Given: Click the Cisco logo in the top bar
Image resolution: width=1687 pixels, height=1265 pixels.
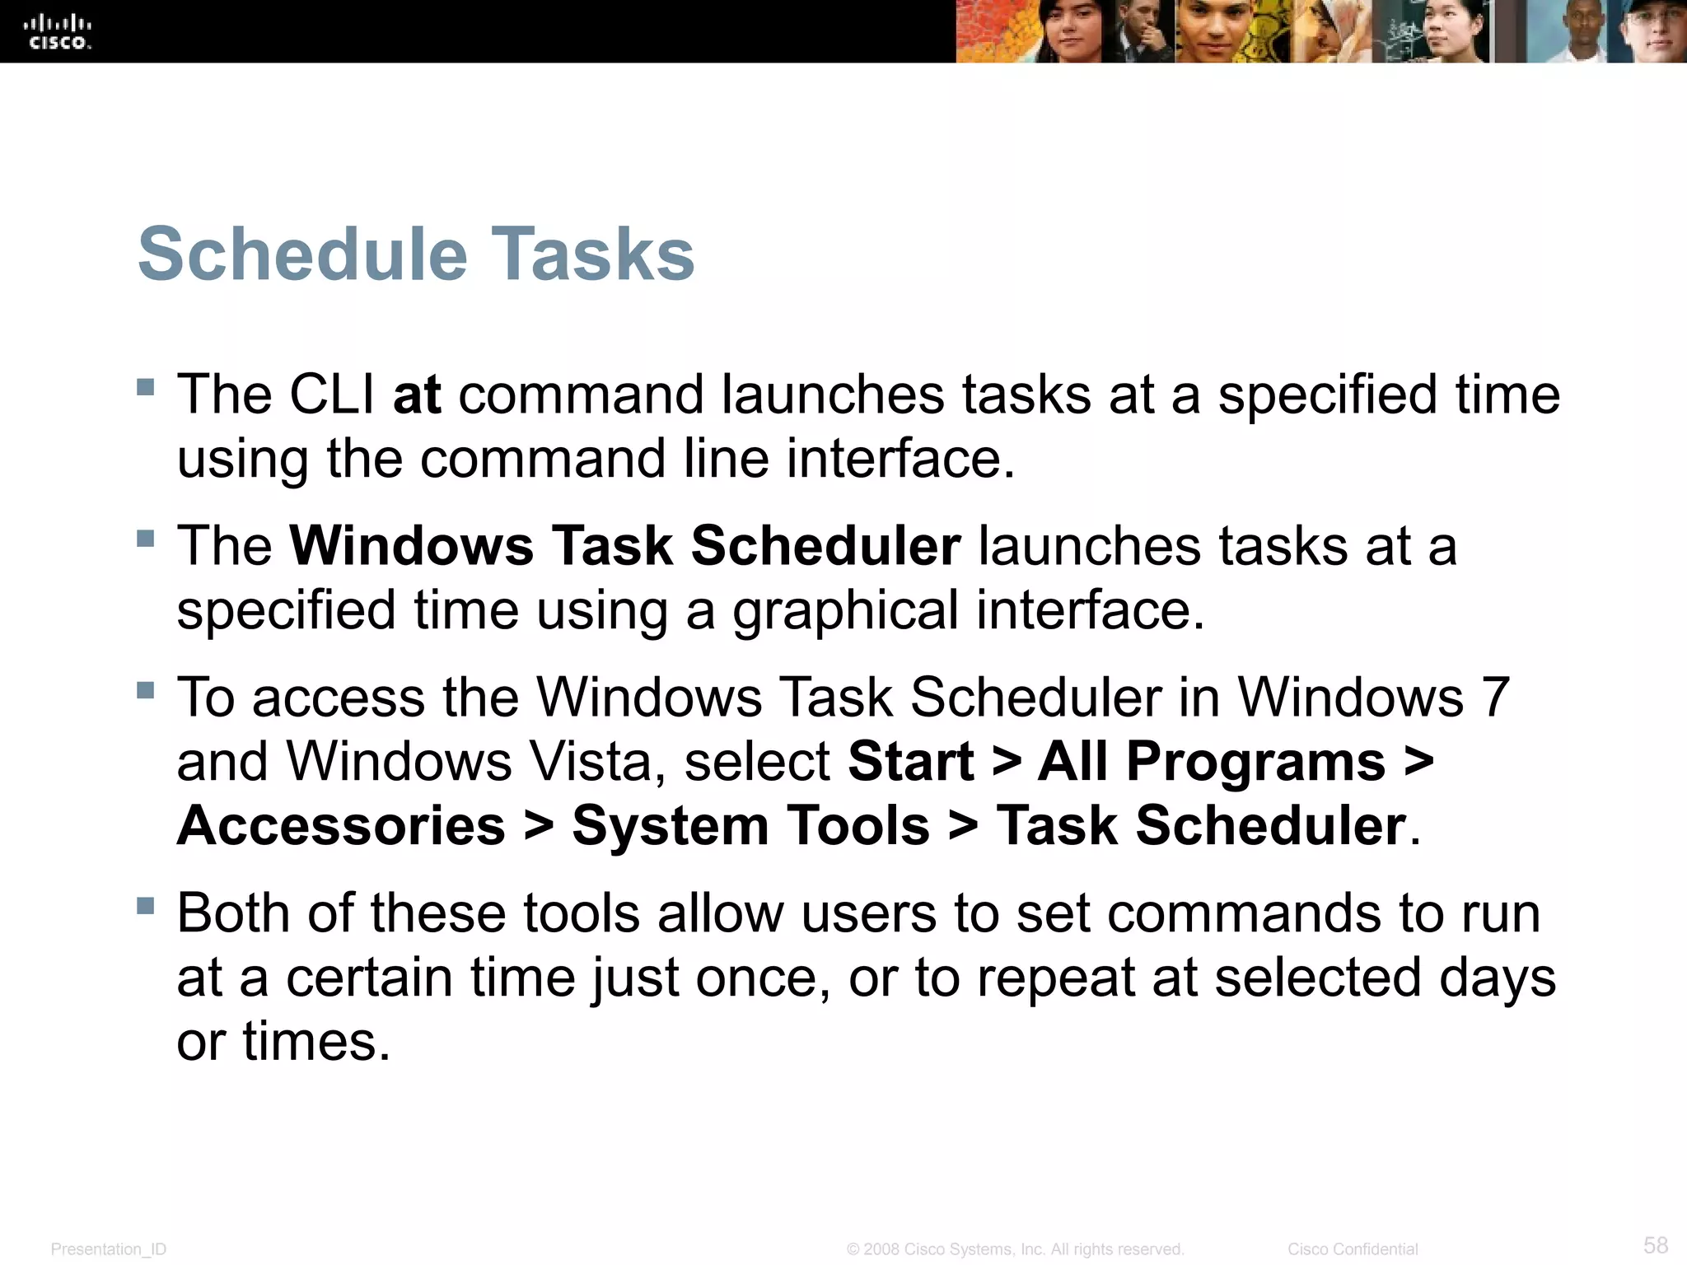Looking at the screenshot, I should coord(57,32).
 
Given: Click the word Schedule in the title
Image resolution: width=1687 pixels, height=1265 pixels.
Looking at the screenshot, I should coord(302,254).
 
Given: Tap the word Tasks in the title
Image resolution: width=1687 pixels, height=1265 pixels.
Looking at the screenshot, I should coord(593,254).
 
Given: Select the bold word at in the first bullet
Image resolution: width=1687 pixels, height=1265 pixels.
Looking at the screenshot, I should coord(417,394).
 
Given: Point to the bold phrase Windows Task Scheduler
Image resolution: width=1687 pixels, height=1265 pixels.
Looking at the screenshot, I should coord(624,546).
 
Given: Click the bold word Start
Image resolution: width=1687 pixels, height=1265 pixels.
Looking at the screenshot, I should coord(911,762).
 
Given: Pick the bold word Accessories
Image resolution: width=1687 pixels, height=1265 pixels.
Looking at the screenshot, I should coord(341,826).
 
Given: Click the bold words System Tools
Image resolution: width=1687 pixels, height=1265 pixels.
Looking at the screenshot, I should coord(750,826).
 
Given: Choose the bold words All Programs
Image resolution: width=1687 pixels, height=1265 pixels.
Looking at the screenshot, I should coord(1211,762).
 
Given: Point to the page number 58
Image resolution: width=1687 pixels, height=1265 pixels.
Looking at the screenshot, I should coord(1656,1244).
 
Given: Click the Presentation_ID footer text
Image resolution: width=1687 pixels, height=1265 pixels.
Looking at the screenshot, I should coord(108,1249).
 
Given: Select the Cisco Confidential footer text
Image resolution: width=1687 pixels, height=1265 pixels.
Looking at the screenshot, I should coord(1353,1249).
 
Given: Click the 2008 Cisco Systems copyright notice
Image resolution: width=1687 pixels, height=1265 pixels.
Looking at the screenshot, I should coord(1015,1249).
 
